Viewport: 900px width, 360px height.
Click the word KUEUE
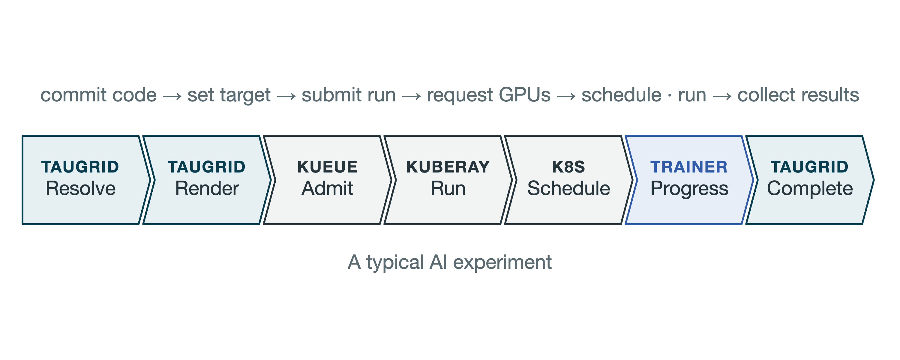pyautogui.click(x=327, y=167)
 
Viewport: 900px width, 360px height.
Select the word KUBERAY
pyautogui.click(x=448, y=167)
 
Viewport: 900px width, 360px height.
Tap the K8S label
pyautogui.click(x=568, y=167)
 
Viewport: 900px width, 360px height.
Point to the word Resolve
pyautogui.click(x=81, y=188)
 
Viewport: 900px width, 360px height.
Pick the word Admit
pyautogui.click(x=327, y=188)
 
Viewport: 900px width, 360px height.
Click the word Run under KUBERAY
pyautogui.click(x=448, y=188)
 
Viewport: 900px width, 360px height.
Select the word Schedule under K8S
pyautogui.click(x=568, y=188)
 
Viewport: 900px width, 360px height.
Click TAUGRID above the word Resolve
pyautogui.click(x=80, y=167)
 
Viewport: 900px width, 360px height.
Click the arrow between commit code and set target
pyautogui.click(x=172, y=96)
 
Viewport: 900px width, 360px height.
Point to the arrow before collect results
pyautogui.click(x=722, y=96)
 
